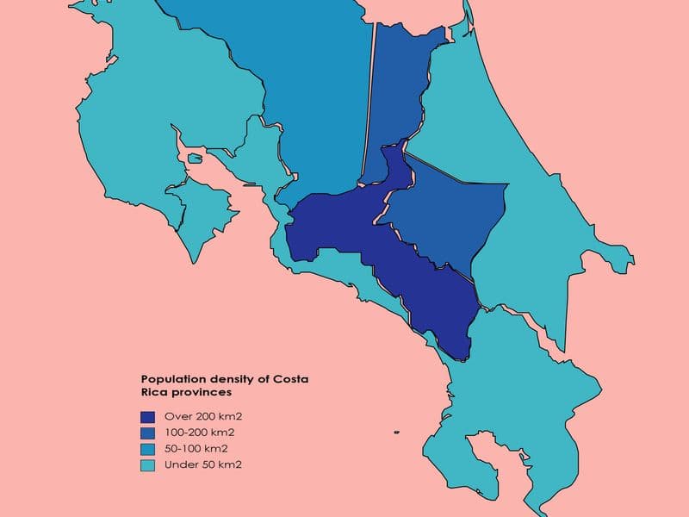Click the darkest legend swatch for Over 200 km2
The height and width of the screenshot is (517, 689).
coord(148,416)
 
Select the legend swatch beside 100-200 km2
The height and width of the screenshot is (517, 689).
coord(148,433)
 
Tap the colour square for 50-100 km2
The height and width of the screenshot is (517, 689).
coord(148,449)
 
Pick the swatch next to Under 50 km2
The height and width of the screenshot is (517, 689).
coord(148,465)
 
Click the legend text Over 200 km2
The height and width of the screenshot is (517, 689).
coord(197,416)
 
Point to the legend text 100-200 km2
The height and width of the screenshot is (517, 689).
coord(199,433)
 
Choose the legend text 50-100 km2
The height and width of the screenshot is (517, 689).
coord(196,449)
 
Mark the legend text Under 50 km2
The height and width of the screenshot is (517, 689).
coord(202,465)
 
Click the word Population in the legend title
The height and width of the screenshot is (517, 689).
coord(170,379)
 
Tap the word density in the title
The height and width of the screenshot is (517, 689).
coord(226,379)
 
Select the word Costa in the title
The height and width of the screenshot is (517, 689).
coord(290,379)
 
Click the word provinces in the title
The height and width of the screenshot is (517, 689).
coord(203,392)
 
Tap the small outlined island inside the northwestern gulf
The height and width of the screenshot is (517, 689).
coord(195,159)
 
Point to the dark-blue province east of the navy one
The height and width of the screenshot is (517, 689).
coord(448,215)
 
